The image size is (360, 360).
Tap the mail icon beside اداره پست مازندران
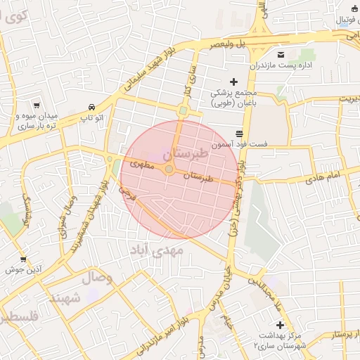281,55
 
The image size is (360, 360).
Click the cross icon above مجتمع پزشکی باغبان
234,82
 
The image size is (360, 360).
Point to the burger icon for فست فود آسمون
239,133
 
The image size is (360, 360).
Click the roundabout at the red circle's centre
169,169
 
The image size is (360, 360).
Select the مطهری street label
142,164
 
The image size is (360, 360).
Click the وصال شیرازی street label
71,219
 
